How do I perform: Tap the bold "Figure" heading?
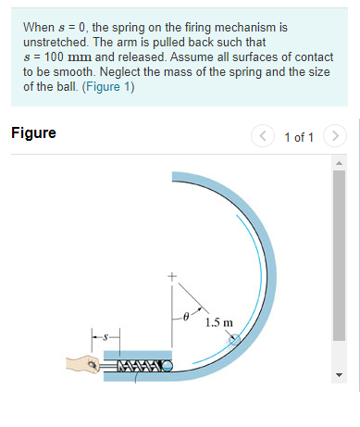point(33,133)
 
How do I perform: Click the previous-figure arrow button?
point(263,137)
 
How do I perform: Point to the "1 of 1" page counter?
point(299,137)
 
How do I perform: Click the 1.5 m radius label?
point(219,323)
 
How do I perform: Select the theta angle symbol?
point(185,317)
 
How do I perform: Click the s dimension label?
point(105,338)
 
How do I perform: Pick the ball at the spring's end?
point(168,366)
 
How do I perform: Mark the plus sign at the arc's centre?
point(170,276)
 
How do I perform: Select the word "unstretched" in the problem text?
point(55,43)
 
